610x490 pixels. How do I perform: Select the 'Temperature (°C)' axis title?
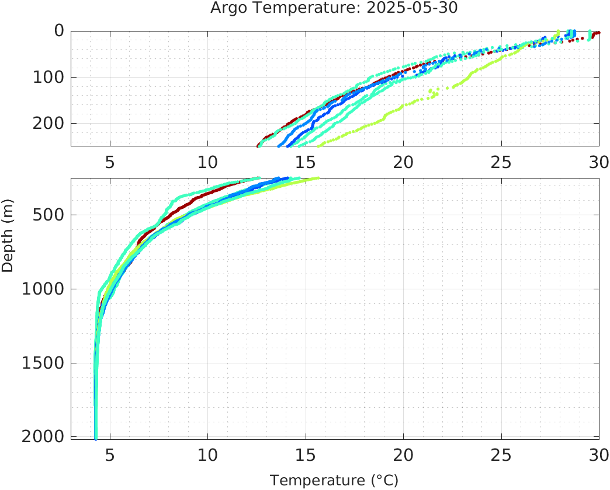[x=334, y=480]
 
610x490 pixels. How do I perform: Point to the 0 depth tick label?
[x=59, y=31]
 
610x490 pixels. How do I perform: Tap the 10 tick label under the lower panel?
[x=207, y=453]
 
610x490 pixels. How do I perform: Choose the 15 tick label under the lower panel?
[x=306, y=453]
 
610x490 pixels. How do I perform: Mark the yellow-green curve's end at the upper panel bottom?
[x=319, y=145]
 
